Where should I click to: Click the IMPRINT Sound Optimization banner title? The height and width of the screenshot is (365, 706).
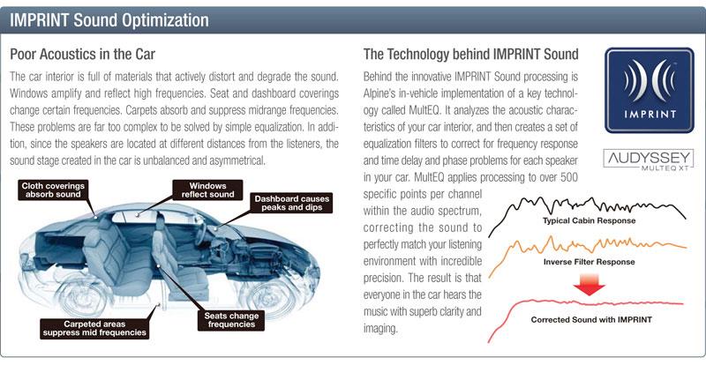109,20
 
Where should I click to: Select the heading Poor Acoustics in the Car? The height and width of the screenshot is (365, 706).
82,55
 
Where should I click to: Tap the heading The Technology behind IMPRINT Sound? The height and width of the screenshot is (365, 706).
471,55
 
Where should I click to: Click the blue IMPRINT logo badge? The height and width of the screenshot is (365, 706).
650,90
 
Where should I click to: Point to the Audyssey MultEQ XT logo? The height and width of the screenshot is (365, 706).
649,160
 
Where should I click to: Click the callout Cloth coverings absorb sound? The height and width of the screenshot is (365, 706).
53,190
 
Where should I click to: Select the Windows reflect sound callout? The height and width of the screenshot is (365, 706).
207,190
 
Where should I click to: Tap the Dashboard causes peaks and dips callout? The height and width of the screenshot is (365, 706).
292,203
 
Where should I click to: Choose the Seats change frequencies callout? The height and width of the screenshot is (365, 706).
231,320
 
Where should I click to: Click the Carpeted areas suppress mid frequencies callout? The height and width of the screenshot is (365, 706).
94,329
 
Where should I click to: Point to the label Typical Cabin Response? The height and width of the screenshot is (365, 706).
589,220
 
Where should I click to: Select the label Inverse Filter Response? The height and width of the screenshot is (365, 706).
589,262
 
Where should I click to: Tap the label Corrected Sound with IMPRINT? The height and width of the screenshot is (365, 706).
591,320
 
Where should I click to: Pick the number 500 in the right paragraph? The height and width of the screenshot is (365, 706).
567,177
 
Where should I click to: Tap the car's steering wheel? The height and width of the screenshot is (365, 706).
201,233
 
